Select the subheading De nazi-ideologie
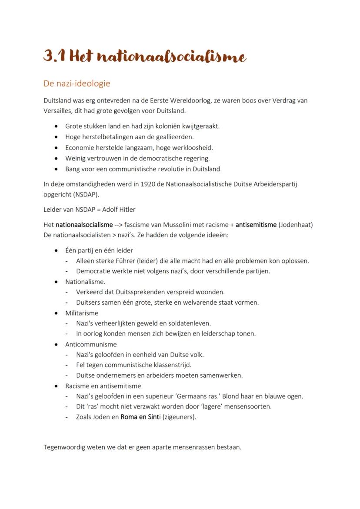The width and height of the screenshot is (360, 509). tap(77, 83)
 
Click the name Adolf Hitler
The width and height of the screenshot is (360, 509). tap(119, 210)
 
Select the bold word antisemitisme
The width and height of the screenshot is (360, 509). tap(256, 225)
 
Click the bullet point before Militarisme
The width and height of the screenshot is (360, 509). tap(57, 313)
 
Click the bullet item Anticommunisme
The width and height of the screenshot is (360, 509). tap(85, 344)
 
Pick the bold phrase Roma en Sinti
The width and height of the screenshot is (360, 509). tap(137, 417)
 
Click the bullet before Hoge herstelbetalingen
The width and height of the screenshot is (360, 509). tap(57, 137)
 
